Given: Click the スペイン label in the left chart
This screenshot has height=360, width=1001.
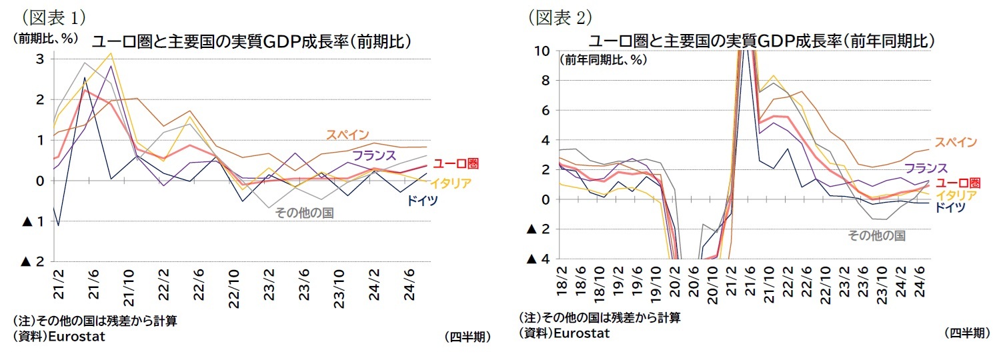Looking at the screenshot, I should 347,135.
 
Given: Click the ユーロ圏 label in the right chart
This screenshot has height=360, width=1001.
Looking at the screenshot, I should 958,183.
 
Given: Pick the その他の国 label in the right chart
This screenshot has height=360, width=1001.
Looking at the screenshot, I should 876,235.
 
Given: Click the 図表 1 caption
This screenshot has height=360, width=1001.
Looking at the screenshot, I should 53,15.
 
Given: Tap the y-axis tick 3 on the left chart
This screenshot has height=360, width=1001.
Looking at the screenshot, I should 41,59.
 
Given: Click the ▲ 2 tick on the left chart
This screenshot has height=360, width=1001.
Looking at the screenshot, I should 34,261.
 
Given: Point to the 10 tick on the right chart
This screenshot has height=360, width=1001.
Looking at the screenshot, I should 542,51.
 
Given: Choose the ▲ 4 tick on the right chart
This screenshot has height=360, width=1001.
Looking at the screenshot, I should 540,259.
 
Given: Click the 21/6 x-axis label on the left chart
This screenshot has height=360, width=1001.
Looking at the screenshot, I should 94,287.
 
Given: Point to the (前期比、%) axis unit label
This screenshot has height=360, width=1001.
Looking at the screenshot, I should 43,38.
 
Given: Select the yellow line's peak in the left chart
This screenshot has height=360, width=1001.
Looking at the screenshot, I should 111,53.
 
